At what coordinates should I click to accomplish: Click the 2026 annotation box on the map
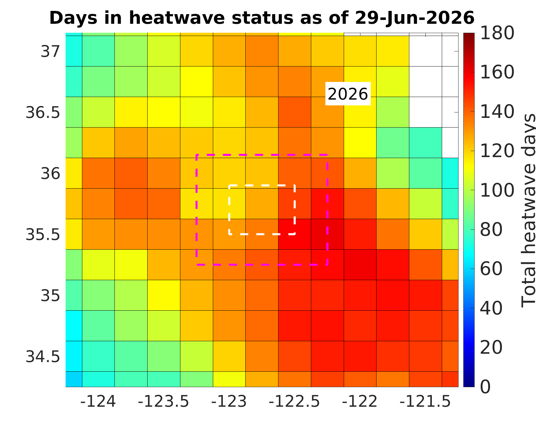[348, 94]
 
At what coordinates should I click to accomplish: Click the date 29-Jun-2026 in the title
[415, 18]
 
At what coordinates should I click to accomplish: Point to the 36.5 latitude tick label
[43, 113]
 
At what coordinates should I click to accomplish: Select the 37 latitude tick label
[50, 52]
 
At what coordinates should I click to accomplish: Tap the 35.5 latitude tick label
[43, 235]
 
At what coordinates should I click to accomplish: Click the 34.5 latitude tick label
[43, 357]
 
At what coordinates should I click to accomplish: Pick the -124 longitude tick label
[98, 402]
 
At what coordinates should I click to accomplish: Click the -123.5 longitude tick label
[164, 402]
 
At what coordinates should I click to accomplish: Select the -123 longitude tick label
[229, 402]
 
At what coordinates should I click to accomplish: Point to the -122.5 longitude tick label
[295, 402]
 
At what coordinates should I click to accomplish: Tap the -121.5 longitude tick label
[425, 402]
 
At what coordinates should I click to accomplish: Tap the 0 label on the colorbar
[486, 387]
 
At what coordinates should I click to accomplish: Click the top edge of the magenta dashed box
[262, 155]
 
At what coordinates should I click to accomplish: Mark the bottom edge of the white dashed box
[262, 234]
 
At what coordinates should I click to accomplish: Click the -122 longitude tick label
[360, 402]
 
